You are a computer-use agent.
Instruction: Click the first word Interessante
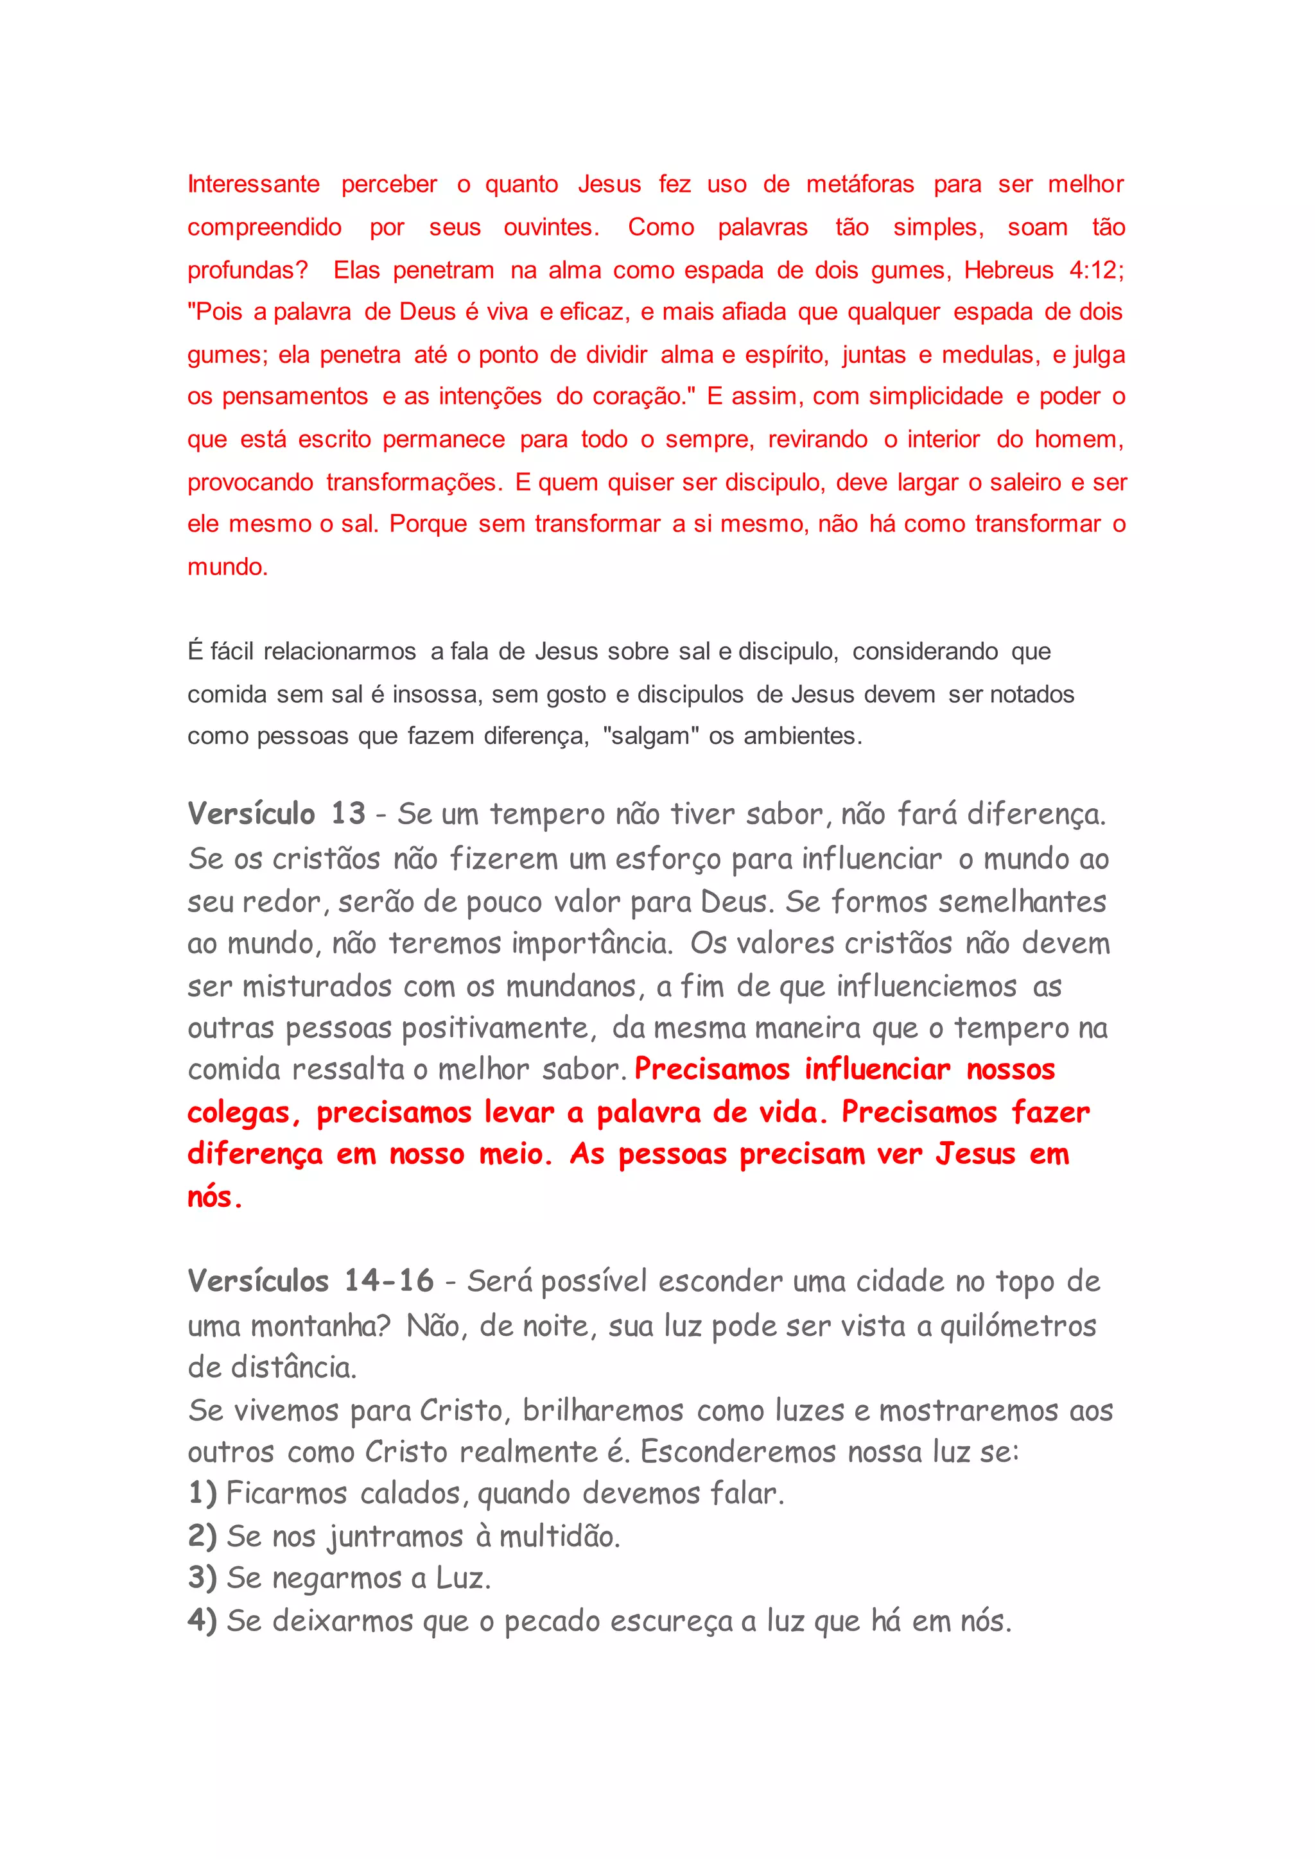(x=254, y=185)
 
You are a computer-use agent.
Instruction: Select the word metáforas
(x=859, y=185)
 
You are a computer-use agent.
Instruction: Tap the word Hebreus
(x=1008, y=270)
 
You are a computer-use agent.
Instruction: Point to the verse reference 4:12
(x=1094, y=270)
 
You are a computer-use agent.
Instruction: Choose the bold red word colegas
(x=239, y=1113)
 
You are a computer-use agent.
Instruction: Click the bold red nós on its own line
(x=214, y=1197)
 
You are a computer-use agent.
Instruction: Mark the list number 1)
(x=202, y=1494)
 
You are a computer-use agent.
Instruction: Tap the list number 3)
(x=202, y=1578)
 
